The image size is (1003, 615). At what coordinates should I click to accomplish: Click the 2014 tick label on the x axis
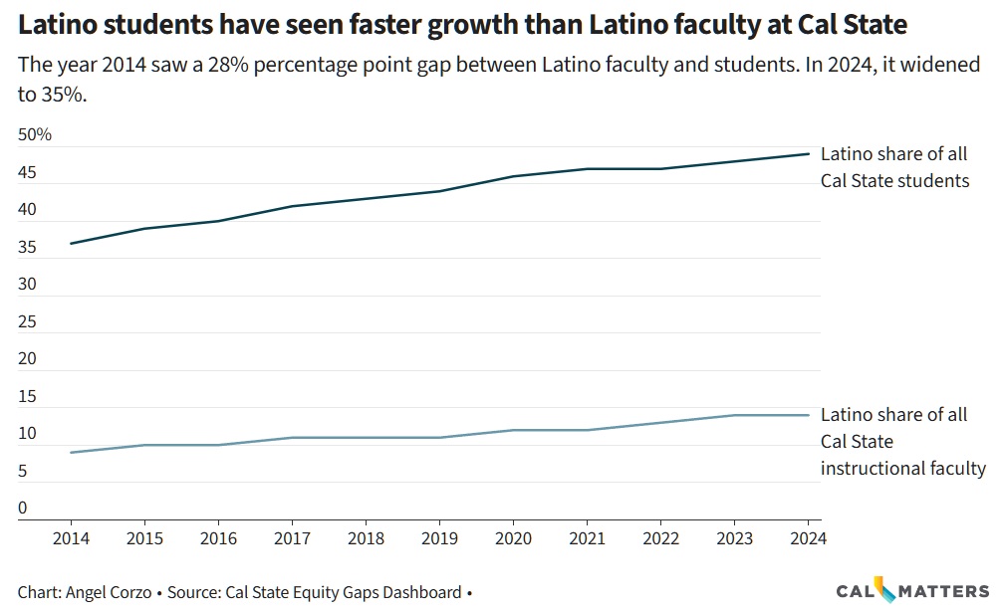point(71,538)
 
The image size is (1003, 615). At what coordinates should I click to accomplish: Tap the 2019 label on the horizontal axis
point(439,538)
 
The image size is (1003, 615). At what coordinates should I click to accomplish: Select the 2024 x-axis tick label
point(807,538)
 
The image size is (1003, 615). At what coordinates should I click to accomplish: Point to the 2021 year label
point(587,538)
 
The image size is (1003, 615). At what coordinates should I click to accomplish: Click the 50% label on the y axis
point(35,135)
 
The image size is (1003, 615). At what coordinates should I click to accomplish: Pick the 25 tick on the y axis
point(27,322)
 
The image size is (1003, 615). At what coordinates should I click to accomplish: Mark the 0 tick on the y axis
point(23,509)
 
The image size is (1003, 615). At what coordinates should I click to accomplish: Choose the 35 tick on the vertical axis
point(27,248)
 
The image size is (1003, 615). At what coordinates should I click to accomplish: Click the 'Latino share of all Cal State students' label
point(893,167)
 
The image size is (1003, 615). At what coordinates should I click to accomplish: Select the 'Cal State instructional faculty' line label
point(902,441)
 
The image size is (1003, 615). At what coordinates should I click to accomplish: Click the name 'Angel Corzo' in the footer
point(110,592)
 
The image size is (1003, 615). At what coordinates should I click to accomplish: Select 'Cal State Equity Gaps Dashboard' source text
point(344,592)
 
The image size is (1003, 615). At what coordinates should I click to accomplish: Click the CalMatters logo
point(912,590)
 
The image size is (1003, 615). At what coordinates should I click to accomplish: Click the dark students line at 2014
point(71,243)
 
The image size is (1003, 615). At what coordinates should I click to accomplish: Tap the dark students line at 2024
point(807,154)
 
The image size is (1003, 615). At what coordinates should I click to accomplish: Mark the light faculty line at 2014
point(71,453)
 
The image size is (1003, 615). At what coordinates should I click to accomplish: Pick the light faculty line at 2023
point(734,415)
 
